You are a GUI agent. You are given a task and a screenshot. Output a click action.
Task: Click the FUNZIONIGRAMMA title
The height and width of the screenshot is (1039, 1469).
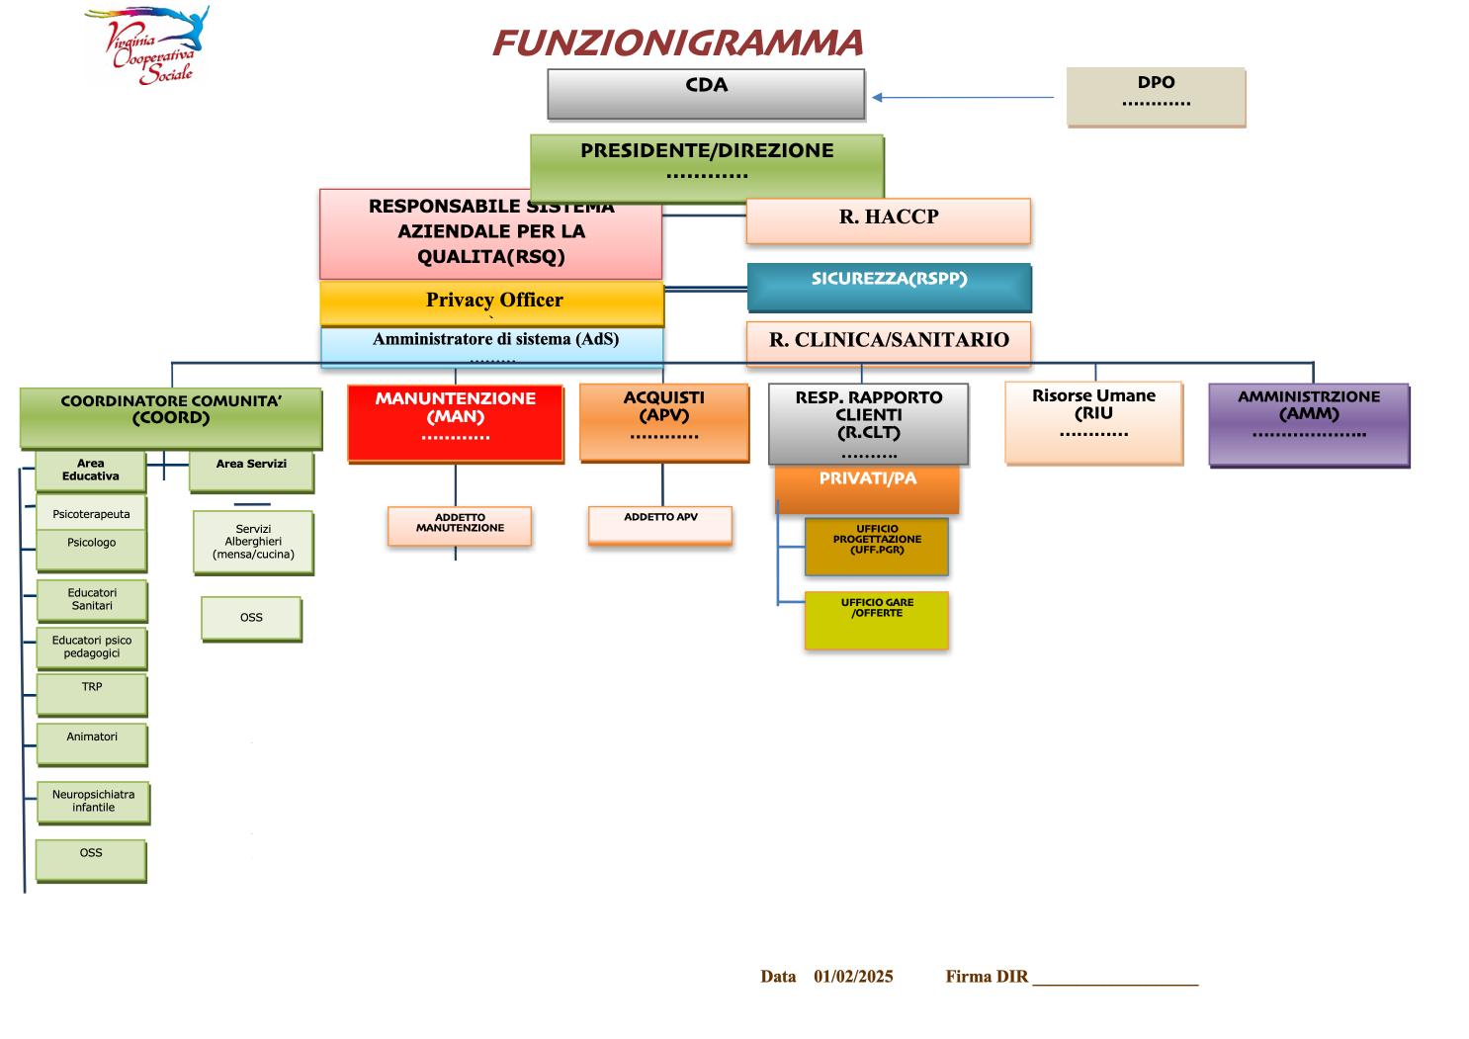pyautogui.click(x=677, y=43)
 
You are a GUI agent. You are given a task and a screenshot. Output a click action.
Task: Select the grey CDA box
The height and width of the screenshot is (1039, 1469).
pyautogui.click(x=706, y=94)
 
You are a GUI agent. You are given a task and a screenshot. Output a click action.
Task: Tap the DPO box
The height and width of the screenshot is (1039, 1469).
pyautogui.click(x=1156, y=96)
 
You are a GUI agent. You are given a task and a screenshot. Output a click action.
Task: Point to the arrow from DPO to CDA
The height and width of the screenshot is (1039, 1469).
pyautogui.click(x=964, y=98)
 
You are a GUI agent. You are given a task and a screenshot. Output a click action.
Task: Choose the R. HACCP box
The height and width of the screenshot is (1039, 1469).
pyautogui.click(x=888, y=220)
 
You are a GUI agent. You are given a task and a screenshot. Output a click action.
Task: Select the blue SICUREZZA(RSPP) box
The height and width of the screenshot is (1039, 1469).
pyautogui.click(x=889, y=287)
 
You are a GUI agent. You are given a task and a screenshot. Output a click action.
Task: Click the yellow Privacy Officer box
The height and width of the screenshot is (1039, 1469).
pyautogui.click(x=492, y=303)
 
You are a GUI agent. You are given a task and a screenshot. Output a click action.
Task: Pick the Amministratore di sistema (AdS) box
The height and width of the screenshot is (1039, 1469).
pyautogui.click(x=492, y=346)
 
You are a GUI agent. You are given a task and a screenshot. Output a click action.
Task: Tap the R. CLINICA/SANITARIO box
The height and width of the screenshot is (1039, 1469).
pyautogui.click(x=888, y=342)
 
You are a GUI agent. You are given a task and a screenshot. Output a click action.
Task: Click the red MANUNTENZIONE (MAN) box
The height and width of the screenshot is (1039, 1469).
pyautogui.click(x=456, y=422)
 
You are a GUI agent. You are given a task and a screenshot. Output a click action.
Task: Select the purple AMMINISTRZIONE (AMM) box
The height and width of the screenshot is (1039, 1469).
pyautogui.click(x=1309, y=424)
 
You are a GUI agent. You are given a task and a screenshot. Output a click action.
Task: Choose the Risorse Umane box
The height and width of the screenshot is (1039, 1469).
pyautogui.click(x=1093, y=422)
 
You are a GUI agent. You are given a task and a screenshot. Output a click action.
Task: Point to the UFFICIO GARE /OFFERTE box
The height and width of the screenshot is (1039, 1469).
pyautogui.click(x=877, y=620)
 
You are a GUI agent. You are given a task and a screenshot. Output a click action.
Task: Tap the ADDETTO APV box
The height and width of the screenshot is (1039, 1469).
pyautogui.click(x=660, y=524)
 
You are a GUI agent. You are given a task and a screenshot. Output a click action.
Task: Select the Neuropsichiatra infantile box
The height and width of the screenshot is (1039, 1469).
pyautogui.click(x=94, y=803)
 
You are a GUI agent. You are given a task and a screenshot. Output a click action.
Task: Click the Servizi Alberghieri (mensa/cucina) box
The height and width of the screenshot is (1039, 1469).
pyautogui.click(x=253, y=542)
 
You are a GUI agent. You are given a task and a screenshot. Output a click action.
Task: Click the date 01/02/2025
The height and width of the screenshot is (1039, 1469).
pyautogui.click(x=853, y=977)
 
